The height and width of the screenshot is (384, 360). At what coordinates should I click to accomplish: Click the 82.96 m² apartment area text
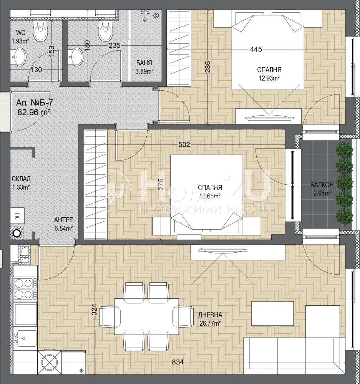pyautogui.click(x=34, y=112)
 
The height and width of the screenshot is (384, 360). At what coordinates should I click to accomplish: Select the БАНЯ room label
pyautogui.click(x=144, y=63)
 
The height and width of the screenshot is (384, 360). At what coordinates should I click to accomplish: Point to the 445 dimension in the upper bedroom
pyautogui.click(x=256, y=49)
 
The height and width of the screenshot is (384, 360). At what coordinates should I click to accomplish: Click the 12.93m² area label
pyautogui.click(x=269, y=78)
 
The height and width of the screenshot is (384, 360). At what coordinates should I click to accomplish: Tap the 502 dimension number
pyautogui.click(x=184, y=144)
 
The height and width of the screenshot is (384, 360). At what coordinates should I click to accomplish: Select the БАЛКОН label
pyautogui.click(x=322, y=185)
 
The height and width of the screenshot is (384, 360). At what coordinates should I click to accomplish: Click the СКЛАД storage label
pyautogui.click(x=21, y=179)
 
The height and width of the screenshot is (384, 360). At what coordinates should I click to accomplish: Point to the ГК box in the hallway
pyautogui.click(x=17, y=215)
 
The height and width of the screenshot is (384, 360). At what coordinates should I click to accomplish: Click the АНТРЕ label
pyautogui.click(x=63, y=220)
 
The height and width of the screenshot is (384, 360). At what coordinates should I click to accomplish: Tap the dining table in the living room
pyautogui.click(x=146, y=313)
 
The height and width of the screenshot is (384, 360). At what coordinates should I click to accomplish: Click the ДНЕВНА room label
pyautogui.click(x=210, y=315)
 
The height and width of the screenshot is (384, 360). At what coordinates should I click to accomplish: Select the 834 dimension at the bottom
pyautogui.click(x=178, y=362)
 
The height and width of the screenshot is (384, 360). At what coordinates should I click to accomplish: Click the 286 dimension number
pyautogui.click(x=207, y=66)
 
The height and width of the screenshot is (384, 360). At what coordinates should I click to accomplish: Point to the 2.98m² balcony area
pyautogui.click(x=322, y=193)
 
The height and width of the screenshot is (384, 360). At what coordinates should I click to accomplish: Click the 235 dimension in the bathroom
pyautogui.click(x=114, y=46)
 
